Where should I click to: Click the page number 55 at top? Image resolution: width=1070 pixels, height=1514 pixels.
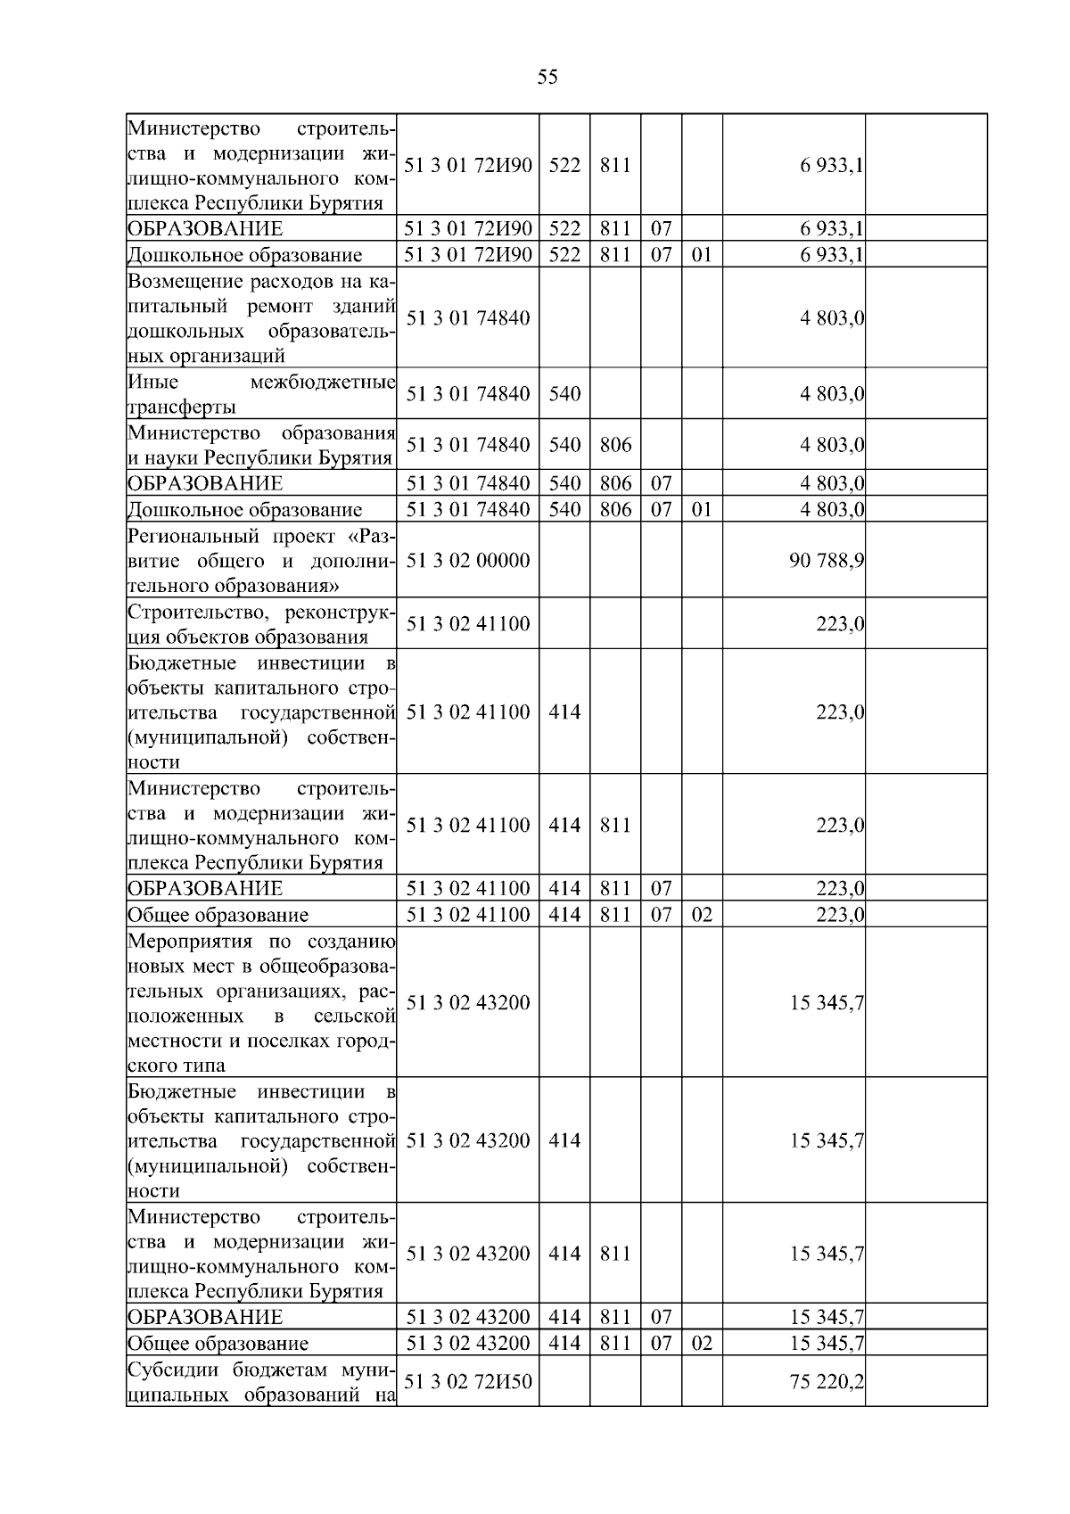(547, 77)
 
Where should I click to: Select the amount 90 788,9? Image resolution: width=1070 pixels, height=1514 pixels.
(826, 561)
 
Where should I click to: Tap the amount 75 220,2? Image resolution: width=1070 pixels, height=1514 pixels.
(826, 1381)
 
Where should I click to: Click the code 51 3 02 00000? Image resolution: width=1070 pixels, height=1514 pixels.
(468, 561)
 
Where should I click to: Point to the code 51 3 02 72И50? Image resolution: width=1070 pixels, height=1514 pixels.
(468, 1381)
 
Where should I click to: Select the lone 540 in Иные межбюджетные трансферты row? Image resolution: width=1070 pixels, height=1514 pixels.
(564, 394)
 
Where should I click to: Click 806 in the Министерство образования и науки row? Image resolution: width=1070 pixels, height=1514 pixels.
(615, 445)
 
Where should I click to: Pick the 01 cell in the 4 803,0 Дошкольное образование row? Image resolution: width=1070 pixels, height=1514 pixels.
(702, 509)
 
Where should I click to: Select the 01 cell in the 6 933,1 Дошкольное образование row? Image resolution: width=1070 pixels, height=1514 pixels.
(702, 255)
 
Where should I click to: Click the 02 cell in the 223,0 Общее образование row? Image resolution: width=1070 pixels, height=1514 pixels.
(702, 915)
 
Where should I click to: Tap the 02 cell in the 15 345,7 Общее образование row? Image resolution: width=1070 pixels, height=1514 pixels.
(702, 1343)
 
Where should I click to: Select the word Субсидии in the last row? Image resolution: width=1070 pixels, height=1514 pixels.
(169, 1370)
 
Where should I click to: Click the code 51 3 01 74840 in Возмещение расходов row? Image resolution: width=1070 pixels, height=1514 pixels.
(468, 318)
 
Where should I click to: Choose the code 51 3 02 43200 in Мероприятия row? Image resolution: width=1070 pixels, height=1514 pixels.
(468, 1003)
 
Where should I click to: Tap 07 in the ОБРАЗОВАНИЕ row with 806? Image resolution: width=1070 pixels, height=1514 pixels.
(661, 483)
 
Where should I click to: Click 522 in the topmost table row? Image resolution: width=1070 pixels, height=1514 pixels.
(564, 165)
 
